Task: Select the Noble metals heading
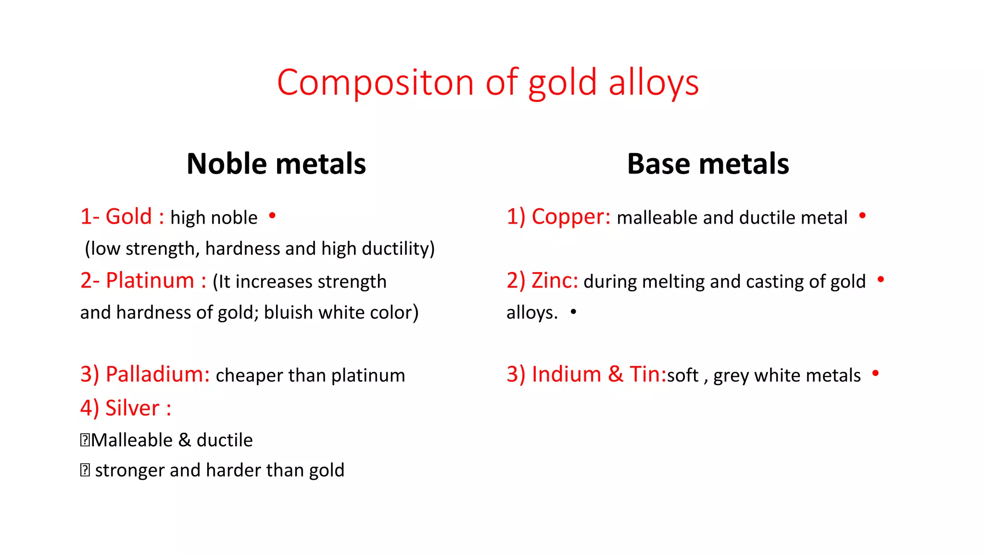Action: coord(276,164)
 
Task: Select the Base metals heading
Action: coord(708,164)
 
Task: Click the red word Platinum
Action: coord(150,281)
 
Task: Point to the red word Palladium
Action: coord(157,375)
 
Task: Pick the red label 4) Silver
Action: coord(126,408)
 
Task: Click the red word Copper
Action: coord(570,217)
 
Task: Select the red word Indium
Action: coord(566,375)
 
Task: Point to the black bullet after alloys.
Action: coord(573,312)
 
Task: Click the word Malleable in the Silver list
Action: coord(132,441)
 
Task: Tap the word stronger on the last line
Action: coord(129,470)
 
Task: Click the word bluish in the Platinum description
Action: coord(288,313)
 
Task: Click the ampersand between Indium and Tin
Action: coord(615,375)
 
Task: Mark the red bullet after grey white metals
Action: coord(875,373)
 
